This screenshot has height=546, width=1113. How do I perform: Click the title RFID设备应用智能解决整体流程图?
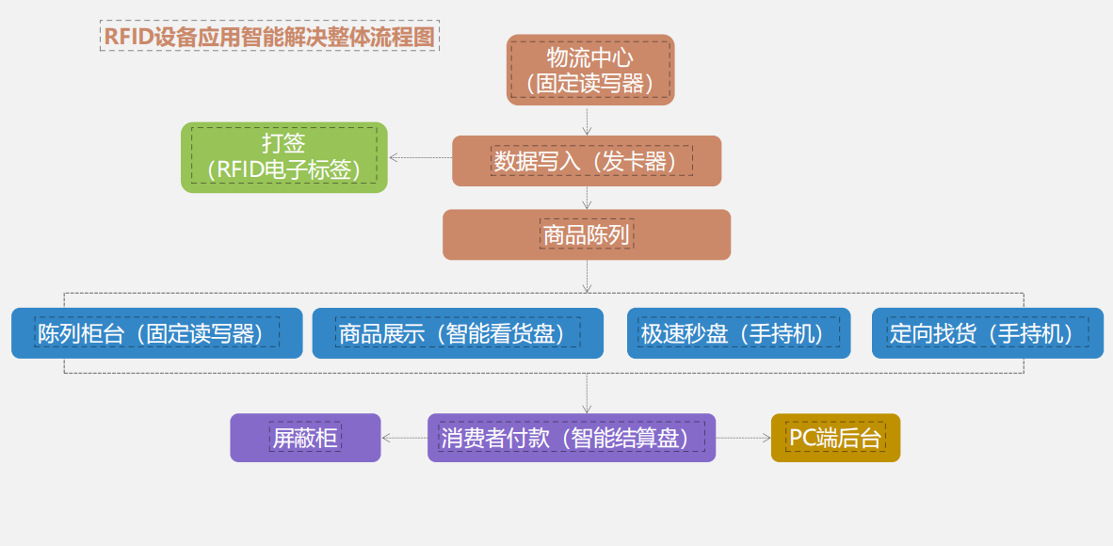pyautogui.click(x=269, y=36)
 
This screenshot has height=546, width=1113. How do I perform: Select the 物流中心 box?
pyautogui.click(x=590, y=70)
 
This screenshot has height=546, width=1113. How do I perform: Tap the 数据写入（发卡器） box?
pyautogui.click(x=587, y=161)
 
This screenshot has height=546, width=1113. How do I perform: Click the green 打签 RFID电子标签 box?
pyautogui.click(x=283, y=157)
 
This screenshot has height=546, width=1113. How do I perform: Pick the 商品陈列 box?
pyautogui.click(x=587, y=234)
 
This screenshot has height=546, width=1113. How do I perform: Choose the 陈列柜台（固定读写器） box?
pyautogui.click(x=157, y=333)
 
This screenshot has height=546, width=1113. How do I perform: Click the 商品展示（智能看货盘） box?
pyautogui.click(x=458, y=333)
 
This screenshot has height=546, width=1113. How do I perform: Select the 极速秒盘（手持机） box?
pyautogui.click(x=738, y=333)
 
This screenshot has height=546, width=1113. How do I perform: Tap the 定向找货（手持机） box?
pyautogui.click(x=987, y=333)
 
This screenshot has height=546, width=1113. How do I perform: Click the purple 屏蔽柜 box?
pyautogui.click(x=305, y=438)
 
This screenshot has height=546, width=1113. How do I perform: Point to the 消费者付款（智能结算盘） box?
pyautogui.click(x=572, y=438)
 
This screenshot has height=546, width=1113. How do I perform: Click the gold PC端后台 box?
pyautogui.click(x=835, y=438)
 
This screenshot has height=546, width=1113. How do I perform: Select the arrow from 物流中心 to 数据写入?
pyautogui.click(x=587, y=120)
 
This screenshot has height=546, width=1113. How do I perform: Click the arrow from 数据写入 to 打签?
pyautogui.click(x=420, y=157)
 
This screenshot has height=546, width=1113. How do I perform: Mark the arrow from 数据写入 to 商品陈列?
pyautogui.click(x=587, y=198)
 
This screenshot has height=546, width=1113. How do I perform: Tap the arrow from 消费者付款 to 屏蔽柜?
pyautogui.click(x=405, y=438)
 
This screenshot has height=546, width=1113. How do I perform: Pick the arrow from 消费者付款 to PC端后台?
pyautogui.click(x=743, y=438)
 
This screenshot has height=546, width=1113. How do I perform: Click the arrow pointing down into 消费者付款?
pyautogui.click(x=587, y=393)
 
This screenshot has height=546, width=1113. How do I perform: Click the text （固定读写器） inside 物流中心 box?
pyautogui.click(x=590, y=84)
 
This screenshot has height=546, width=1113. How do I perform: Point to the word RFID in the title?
pyautogui.click(x=125, y=36)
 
